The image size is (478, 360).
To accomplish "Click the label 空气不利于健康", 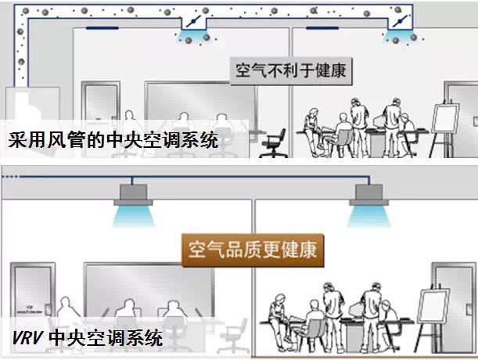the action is tap(289, 71).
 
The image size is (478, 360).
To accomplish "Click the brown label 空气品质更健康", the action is tap(253, 250).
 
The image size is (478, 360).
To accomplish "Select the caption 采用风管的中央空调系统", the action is tap(113, 141).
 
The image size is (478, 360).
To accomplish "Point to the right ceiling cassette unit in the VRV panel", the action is tap(369, 193).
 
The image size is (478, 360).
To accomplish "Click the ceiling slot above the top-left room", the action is tap(103, 30).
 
